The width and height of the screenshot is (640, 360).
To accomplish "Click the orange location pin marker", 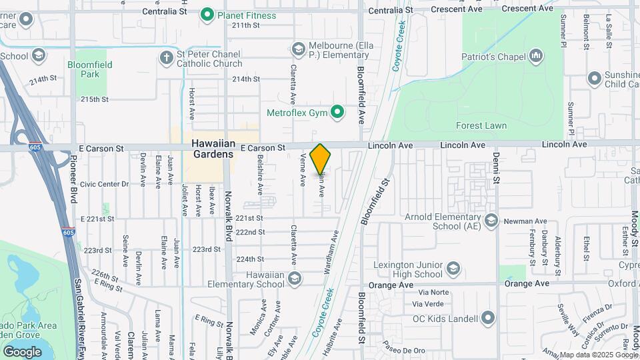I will pos(321,159).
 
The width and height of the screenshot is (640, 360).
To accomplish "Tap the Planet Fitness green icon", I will pos(207,13).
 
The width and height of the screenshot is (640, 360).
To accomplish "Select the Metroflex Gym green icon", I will pos(338,112).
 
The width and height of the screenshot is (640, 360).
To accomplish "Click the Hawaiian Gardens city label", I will pos(213,149).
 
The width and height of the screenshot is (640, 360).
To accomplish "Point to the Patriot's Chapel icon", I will pos(536,56).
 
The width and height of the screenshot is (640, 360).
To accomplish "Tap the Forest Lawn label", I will pos(481,125).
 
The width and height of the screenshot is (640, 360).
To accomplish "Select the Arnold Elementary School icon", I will pos(491,220).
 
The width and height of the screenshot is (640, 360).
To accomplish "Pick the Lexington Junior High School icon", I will pos(453,268).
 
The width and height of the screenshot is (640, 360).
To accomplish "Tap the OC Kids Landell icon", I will pos(488,317).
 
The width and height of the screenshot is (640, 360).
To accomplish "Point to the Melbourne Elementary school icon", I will pos(298,49).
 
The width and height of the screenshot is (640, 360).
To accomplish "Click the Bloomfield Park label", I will pos(89,69).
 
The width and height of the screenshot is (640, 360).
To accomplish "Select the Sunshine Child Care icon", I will pos(594,79).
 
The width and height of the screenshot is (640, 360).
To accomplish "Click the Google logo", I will pos(22,351).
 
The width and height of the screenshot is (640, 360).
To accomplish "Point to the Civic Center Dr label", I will pos(103,184).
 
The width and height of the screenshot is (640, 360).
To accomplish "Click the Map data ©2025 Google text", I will pos(599,355).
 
